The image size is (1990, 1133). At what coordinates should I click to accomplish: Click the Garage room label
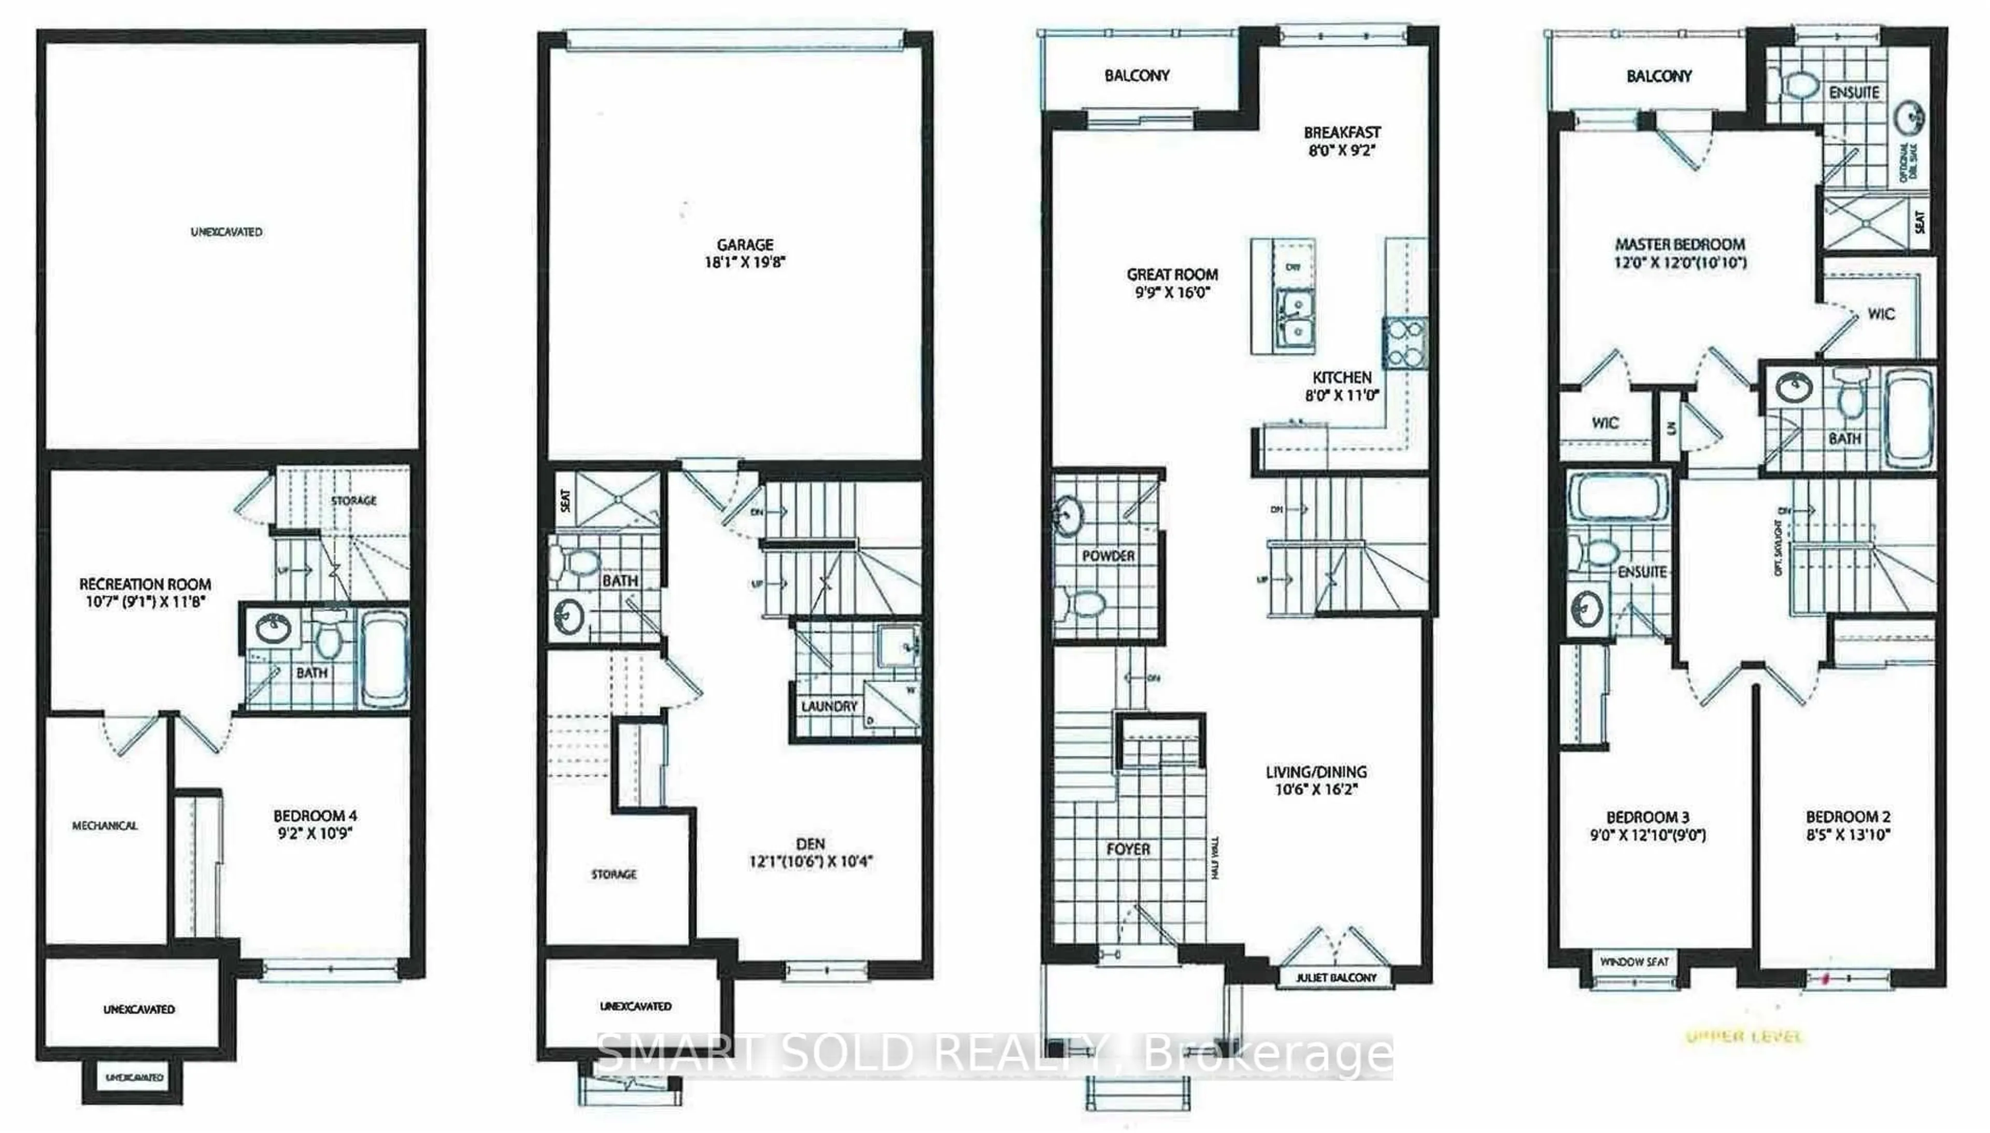click(x=745, y=245)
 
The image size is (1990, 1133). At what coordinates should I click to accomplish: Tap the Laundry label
click(x=828, y=706)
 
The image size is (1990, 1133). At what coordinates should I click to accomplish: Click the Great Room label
click(x=1172, y=274)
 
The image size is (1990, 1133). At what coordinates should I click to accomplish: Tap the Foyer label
click(x=1128, y=849)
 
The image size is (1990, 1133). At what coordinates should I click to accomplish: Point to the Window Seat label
click(x=1633, y=962)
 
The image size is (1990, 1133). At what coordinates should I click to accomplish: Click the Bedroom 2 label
click(x=1847, y=817)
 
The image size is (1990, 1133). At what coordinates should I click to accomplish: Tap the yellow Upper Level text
click(x=1743, y=1037)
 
